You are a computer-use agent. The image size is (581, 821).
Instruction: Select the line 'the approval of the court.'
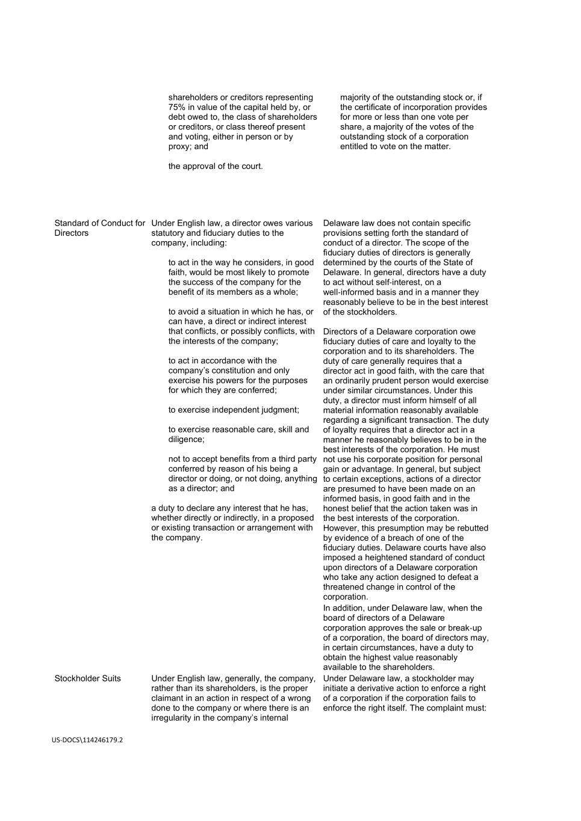click(216, 166)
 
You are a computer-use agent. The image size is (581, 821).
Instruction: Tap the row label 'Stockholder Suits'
click(87, 678)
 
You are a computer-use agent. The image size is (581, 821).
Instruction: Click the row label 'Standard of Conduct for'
click(100, 223)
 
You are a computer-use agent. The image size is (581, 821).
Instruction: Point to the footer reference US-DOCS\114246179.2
click(87, 740)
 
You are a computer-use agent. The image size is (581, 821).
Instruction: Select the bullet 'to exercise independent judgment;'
click(234, 410)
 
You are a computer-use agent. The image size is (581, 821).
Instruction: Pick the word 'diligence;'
click(186, 439)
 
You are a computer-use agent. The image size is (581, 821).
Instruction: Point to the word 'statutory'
click(169, 233)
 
